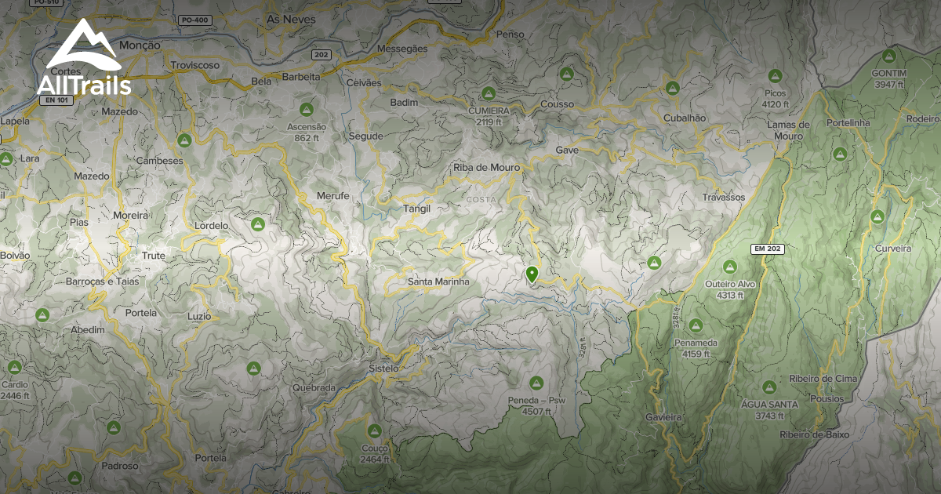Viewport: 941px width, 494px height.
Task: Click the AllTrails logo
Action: click(83, 58)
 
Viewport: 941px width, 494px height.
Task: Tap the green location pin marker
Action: click(532, 274)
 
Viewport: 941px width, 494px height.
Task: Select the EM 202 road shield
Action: click(768, 249)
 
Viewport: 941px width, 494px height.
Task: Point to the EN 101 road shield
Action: click(53, 100)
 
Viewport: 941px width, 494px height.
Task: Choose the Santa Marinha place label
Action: click(438, 282)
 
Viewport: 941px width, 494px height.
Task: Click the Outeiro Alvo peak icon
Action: click(729, 267)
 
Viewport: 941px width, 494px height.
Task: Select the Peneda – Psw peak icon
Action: click(536, 383)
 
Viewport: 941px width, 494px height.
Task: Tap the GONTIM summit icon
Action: click(888, 56)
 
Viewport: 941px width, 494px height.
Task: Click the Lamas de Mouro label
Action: click(789, 130)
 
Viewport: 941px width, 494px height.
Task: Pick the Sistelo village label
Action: click(383, 368)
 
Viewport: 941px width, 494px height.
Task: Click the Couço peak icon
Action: click(374, 430)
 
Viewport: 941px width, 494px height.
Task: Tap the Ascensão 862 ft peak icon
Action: click(306, 109)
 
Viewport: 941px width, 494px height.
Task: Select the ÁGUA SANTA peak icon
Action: click(768, 387)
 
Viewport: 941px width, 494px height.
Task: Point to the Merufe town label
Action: click(332, 196)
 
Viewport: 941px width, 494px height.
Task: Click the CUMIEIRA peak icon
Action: click(489, 93)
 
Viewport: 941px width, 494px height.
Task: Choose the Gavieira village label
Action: click(663, 417)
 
